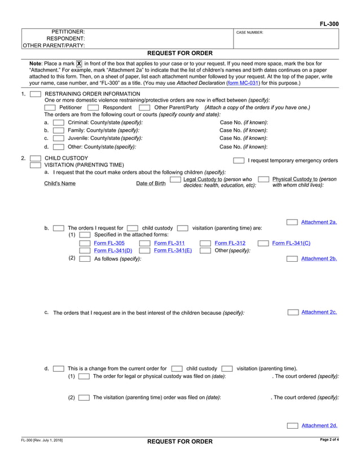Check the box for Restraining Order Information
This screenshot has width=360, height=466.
click(35, 94)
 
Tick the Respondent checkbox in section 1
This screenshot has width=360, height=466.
click(94, 108)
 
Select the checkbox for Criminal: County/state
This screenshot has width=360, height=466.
click(58, 123)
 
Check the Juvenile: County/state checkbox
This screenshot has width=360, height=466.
click(58, 138)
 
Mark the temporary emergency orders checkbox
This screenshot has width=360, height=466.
click(239, 161)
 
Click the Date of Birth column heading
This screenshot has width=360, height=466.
click(151, 183)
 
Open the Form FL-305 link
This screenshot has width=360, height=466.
click(109, 243)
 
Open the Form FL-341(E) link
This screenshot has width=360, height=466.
click(173, 250)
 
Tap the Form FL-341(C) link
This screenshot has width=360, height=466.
click(291, 243)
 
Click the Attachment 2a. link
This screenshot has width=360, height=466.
click(319, 222)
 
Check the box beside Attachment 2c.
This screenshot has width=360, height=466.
click(293, 312)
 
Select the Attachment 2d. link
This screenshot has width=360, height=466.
click(319, 425)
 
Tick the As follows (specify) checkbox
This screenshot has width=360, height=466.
click(85, 258)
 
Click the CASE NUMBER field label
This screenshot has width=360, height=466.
click(249, 33)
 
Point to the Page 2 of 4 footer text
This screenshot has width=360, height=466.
click(329, 439)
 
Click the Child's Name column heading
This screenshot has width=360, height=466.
click(59, 183)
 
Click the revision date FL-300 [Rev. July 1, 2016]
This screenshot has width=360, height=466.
click(42, 440)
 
